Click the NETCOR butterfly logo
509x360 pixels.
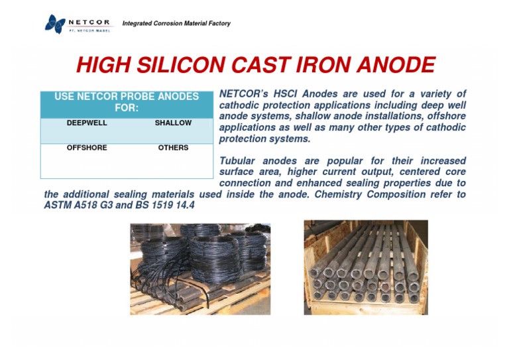[x=55, y=24]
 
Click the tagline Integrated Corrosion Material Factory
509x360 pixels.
[x=176, y=24]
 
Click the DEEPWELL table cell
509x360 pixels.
[x=87, y=123]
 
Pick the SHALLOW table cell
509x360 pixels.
[x=173, y=123]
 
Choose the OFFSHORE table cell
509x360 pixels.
[x=87, y=148]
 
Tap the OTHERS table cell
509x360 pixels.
[x=173, y=148]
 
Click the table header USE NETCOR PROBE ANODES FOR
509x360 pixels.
[x=127, y=102]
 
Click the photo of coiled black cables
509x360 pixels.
[x=200, y=269]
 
